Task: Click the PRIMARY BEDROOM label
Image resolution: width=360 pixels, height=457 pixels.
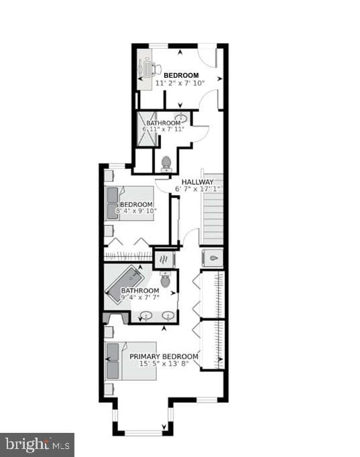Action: [164, 356]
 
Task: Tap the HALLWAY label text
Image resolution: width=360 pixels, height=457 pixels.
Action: [198, 182]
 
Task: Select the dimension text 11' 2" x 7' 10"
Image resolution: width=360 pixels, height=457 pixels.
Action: [180, 83]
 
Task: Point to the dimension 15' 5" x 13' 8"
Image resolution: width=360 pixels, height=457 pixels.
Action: [164, 363]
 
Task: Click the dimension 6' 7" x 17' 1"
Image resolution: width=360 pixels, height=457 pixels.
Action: [197, 189]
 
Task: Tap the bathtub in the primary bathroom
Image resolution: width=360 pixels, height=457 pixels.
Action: [125, 285]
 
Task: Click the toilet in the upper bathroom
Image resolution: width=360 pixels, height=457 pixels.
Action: [166, 164]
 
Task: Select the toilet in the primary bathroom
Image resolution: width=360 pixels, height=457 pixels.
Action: [166, 279]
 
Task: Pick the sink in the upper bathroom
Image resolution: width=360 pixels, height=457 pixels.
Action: [182, 118]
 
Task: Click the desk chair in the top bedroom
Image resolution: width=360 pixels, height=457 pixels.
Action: [156, 70]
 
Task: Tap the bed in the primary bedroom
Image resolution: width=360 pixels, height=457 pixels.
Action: [131, 361]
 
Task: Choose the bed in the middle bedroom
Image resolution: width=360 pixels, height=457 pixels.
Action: [129, 204]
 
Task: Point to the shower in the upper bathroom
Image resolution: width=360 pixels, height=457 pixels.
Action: [147, 129]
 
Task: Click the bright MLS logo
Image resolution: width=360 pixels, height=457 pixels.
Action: [37, 445]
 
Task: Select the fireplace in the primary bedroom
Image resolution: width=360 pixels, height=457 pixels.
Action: [116, 318]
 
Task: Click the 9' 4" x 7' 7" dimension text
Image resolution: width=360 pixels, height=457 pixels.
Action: [140, 298]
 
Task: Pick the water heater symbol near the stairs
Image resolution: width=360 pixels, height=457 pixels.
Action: [213, 258]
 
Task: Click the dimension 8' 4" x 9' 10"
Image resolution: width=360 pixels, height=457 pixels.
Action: [136, 210]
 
